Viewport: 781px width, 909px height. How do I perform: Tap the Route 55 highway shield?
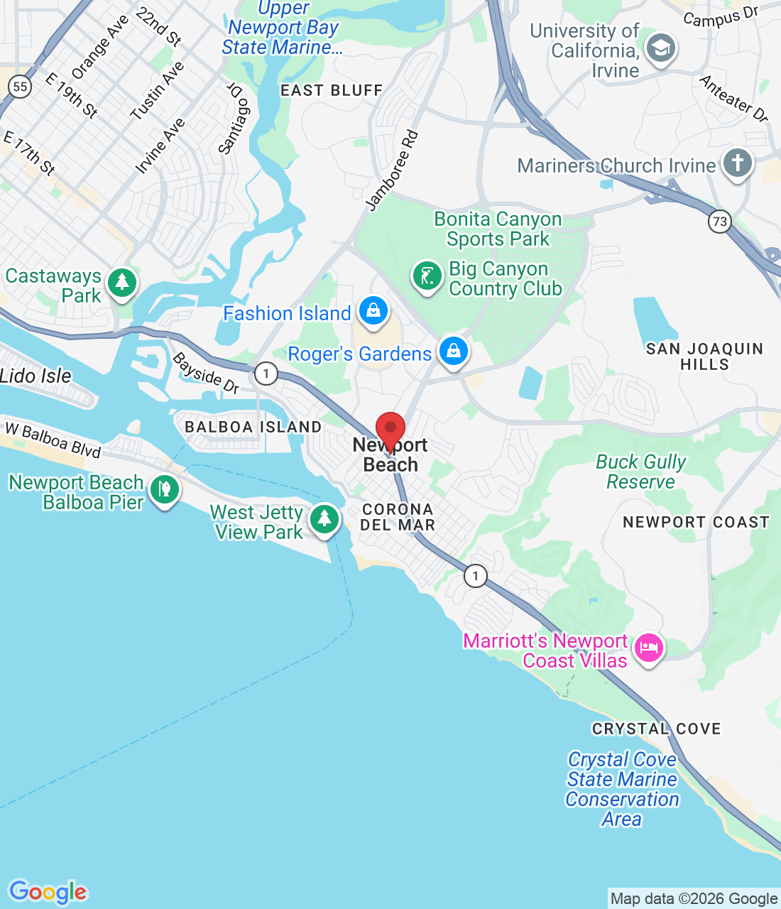(x=20, y=87)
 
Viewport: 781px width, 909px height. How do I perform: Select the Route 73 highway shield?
(x=720, y=221)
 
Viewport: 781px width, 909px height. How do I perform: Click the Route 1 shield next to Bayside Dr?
(x=266, y=373)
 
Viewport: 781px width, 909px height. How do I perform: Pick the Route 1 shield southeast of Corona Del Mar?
(x=476, y=575)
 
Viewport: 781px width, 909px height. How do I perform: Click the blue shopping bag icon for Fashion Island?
(x=373, y=311)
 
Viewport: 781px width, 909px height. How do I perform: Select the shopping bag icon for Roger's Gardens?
(x=453, y=352)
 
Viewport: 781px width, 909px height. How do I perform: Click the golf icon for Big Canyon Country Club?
(x=427, y=276)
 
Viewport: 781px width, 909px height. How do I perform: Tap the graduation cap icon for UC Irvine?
(x=661, y=49)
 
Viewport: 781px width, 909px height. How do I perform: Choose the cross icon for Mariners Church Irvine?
(x=737, y=163)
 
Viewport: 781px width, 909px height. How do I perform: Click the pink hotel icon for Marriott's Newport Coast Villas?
(x=648, y=648)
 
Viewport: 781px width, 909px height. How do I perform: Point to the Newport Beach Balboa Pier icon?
(x=165, y=490)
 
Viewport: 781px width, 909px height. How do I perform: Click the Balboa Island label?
(x=253, y=427)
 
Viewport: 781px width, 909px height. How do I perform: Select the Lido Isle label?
(x=35, y=376)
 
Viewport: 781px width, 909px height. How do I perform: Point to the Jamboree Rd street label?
(x=392, y=170)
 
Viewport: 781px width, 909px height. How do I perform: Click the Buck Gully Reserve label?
(x=640, y=472)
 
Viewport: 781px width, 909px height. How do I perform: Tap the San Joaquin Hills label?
(x=704, y=356)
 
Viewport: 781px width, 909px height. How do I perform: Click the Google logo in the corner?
(x=48, y=892)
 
